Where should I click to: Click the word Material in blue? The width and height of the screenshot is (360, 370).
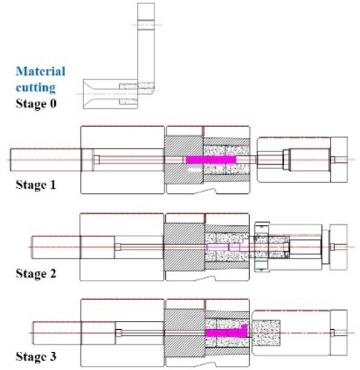coord(41,71)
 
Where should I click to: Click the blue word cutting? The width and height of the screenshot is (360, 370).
coord(36,88)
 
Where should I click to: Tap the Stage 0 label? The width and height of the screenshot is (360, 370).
coord(36,103)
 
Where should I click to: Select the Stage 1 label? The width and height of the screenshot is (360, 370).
coord(36,185)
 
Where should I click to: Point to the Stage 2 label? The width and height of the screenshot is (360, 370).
coord(36,273)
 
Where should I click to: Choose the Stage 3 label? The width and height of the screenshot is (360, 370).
coord(36,357)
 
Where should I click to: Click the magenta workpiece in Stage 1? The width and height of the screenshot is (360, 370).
coord(210,160)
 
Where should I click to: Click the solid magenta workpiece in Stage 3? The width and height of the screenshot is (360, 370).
coord(226,331)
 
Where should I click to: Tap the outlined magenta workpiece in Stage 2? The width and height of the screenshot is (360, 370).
coord(228,246)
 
